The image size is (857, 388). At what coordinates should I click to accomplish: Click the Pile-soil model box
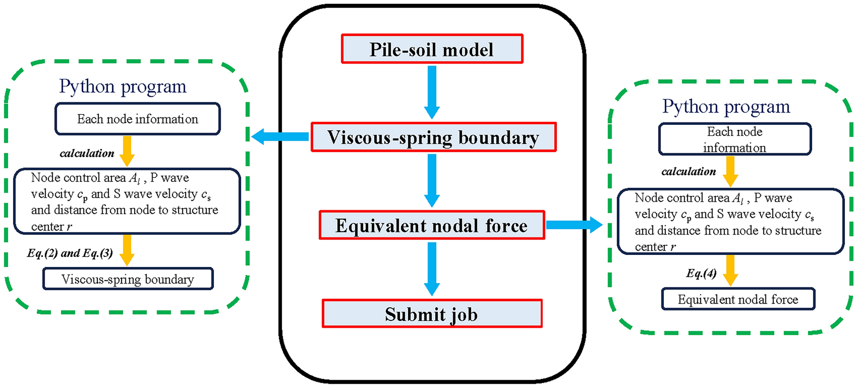click(x=432, y=49)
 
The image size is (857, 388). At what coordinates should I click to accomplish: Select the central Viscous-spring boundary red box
click(x=433, y=137)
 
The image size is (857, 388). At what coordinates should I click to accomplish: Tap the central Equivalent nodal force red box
click(x=431, y=225)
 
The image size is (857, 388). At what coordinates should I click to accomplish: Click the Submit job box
click(x=432, y=314)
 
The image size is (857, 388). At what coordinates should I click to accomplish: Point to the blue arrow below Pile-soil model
click(x=432, y=92)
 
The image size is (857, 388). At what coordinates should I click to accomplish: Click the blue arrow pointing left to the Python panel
click(x=280, y=136)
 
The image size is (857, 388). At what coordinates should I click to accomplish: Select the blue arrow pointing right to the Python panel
click(x=574, y=224)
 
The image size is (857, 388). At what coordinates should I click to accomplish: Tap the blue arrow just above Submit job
click(x=432, y=269)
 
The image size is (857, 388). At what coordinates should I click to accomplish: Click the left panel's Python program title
click(x=122, y=87)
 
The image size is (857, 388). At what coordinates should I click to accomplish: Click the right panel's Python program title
click(x=726, y=106)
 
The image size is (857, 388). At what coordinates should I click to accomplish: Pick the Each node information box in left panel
click(x=138, y=119)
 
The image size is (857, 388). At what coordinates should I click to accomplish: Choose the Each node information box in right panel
click(x=735, y=139)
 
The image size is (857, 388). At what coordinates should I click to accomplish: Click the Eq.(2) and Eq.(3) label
click(x=70, y=253)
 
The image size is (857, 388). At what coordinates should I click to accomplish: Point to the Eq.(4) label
click(x=701, y=273)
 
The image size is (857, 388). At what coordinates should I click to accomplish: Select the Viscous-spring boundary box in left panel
click(x=128, y=279)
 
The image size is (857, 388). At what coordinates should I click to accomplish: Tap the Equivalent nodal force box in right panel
click(x=738, y=299)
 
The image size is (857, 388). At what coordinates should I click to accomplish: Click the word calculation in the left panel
click(x=87, y=153)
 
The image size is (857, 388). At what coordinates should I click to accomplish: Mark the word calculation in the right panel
click(x=689, y=171)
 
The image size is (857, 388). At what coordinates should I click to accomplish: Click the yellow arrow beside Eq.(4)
click(x=730, y=270)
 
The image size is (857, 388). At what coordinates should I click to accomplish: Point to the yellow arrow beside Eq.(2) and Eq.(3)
click(x=127, y=250)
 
